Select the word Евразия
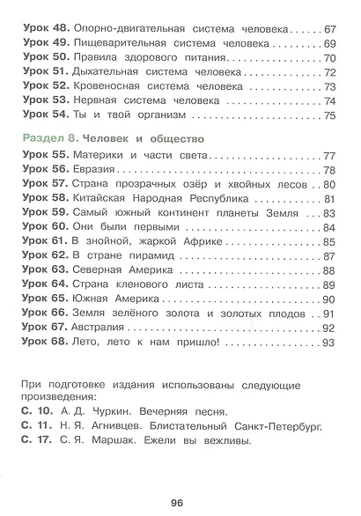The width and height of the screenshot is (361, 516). [x=99, y=170]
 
